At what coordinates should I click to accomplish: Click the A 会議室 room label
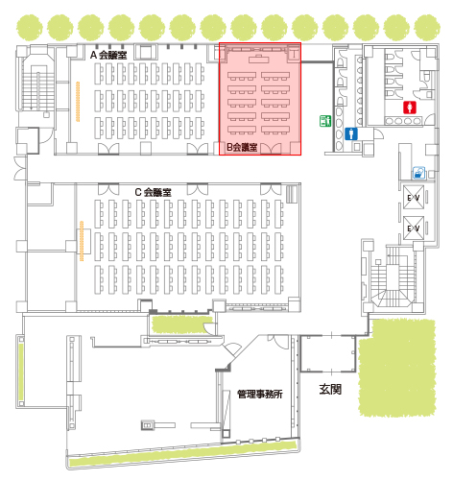coord(108,55)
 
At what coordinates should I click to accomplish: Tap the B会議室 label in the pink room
coord(242,147)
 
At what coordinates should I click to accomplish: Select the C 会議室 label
coord(153,192)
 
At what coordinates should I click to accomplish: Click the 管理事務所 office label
coord(260,394)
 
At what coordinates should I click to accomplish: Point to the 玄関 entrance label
coord(330,390)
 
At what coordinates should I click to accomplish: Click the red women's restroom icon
coord(410,108)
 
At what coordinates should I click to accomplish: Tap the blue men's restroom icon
coord(351,133)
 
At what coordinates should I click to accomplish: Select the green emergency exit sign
coord(325,121)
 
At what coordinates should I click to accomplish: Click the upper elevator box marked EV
coord(414,198)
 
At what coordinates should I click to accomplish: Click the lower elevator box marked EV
coord(414,228)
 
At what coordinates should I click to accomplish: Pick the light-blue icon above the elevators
coord(418,173)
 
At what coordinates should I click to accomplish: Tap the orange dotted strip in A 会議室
coord(78,102)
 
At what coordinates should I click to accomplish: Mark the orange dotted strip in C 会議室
coord(82,241)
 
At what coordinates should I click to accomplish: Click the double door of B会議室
coord(271,148)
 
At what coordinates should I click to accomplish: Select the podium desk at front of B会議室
coord(259,59)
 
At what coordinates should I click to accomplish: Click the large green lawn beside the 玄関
coord(397,368)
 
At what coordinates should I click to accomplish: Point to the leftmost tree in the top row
coord(30,28)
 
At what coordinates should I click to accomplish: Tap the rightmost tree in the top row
coord(427,28)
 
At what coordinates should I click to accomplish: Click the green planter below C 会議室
coord(181,324)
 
